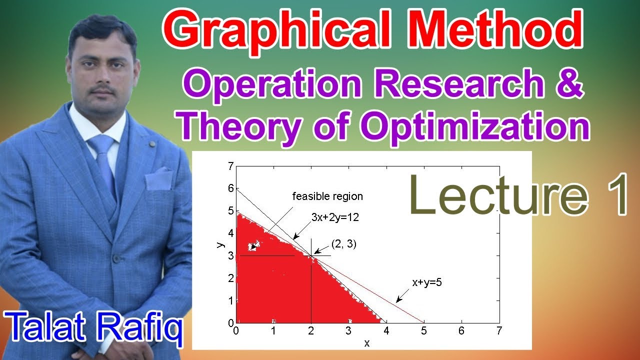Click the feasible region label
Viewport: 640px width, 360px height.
pos(327,196)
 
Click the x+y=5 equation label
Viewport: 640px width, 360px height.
pos(426,282)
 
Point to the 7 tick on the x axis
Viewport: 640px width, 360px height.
pos(498,331)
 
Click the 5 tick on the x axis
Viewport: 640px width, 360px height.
pos(424,331)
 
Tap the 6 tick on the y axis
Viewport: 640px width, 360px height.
pos(230,188)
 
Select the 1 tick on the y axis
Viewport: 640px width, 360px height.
pos(230,301)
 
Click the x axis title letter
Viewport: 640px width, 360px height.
pos(367,343)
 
